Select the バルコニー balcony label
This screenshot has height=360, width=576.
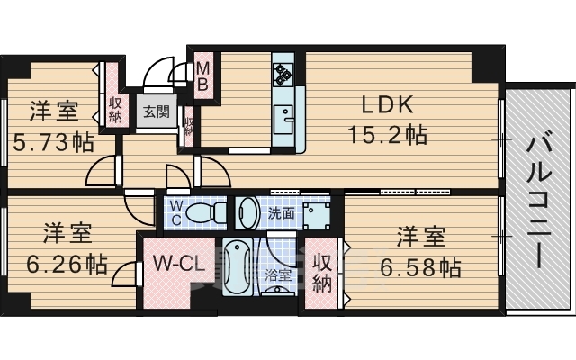click(539, 199)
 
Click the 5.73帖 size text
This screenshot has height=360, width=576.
click(53, 141)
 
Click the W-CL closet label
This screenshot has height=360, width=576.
click(175, 265)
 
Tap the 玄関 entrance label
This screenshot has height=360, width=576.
click(155, 112)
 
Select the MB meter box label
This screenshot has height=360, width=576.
click(203, 76)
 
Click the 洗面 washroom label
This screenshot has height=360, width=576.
click(281, 213)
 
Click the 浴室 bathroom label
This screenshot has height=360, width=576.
click(277, 275)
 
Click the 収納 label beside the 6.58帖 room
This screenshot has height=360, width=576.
click(322, 273)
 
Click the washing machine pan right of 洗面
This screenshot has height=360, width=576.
click(317, 213)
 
